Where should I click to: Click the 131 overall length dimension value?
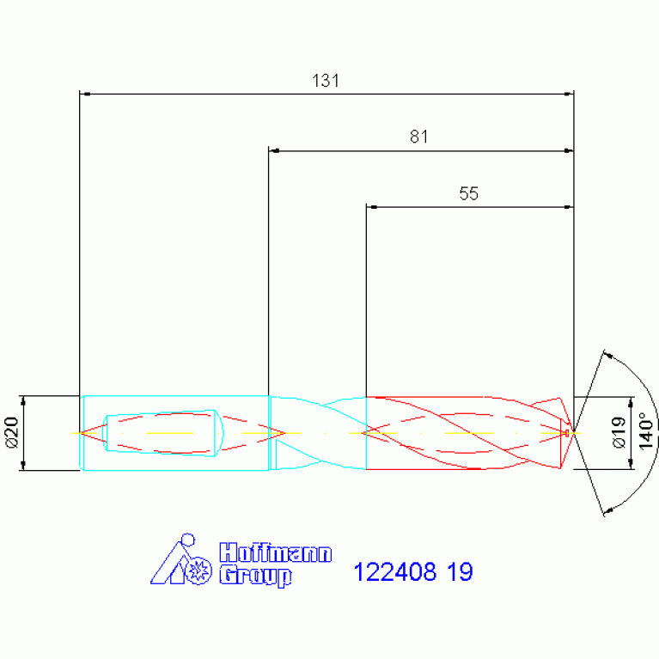pyautogui.click(x=326, y=80)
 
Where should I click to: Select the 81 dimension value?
pyautogui.click(x=418, y=137)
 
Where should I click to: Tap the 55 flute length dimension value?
pyautogui.click(x=468, y=193)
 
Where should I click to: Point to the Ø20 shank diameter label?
pyautogui.click(x=12, y=432)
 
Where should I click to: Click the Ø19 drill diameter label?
pyautogui.click(x=619, y=432)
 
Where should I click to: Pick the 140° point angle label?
pyautogui.click(x=646, y=431)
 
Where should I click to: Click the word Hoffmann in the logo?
pyautogui.click(x=276, y=552)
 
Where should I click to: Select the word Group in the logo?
pyautogui.click(x=255, y=576)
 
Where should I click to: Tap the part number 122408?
pyautogui.click(x=395, y=572)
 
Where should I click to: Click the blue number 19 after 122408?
pyautogui.click(x=460, y=572)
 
